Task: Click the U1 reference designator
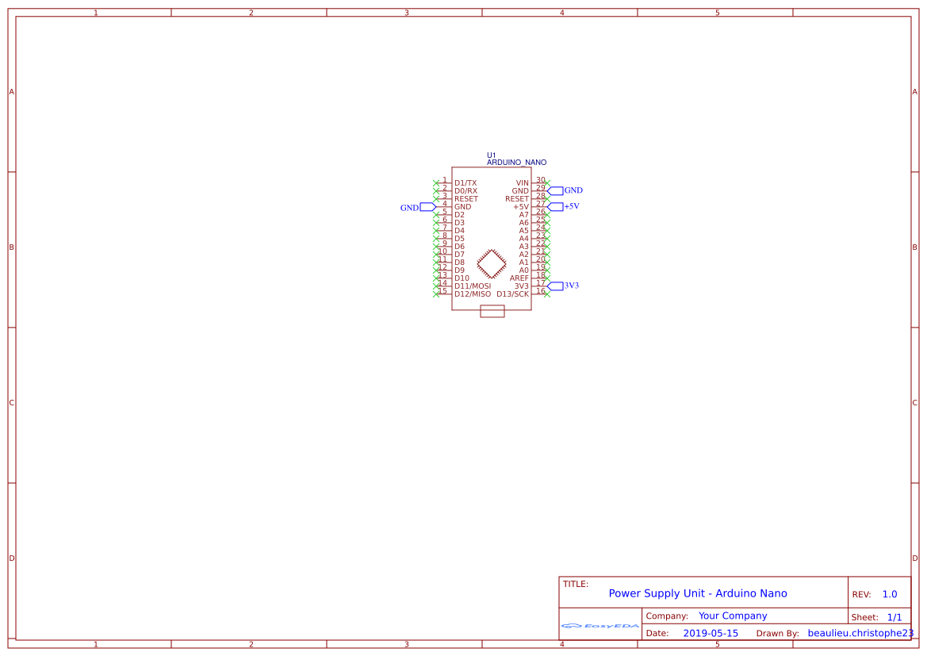pyautogui.click(x=491, y=155)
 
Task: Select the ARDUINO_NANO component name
pyautogui.click(x=516, y=163)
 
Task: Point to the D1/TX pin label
pyautogui.click(x=465, y=183)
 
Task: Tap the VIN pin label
pyautogui.click(x=522, y=183)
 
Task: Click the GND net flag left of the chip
pyautogui.click(x=418, y=207)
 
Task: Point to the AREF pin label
pyautogui.click(x=519, y=278)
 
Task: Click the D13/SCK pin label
pyautogui.click(x=512, y=294)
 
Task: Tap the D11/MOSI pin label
pyautogui.click(x=473, y=286)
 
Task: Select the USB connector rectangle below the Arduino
pyautogui.click(x=492, y=312)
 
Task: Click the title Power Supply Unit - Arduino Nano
pyautogui.click(x=697, y=593)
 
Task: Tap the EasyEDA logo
pyautogui.click(x=599, y=626)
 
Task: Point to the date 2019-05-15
pyautogui.click(x=710, y=634)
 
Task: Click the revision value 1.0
pyautogui.click(x=889, y=594)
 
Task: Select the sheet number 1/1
pyautogui.click(x=894, y=617)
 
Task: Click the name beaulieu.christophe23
pyautogui.click(x=860, y=634)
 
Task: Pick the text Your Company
pyautogui.click(x=732, y=616)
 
